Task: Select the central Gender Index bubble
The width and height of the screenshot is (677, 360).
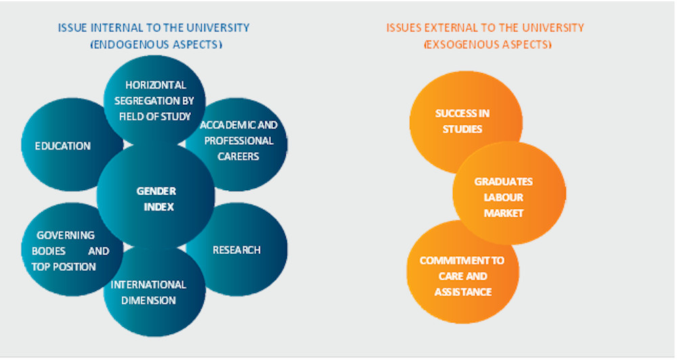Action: (156, 196)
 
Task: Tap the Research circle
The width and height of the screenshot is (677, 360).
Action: (242, 250)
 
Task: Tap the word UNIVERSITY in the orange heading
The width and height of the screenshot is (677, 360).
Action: (553, 28)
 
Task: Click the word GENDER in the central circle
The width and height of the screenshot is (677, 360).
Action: (156, 192)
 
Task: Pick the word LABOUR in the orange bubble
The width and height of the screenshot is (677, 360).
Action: (504, 198)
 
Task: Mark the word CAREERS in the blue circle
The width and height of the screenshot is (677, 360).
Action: (238, 156)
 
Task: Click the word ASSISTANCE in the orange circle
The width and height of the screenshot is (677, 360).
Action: (463, 292)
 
